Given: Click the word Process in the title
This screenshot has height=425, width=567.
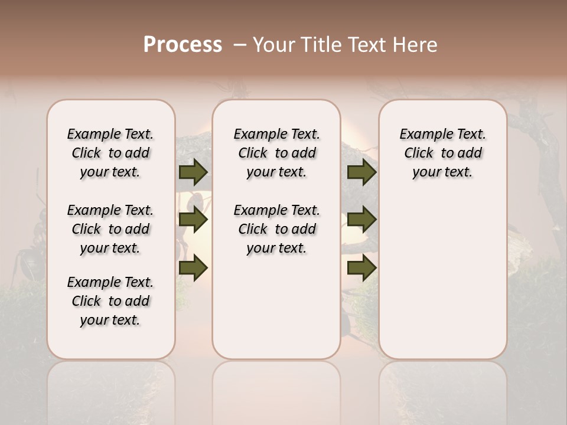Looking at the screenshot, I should pos(183,45).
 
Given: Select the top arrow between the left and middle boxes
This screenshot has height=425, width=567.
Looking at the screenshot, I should pos(193,172).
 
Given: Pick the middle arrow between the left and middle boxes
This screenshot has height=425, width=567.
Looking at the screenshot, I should pos(193,220).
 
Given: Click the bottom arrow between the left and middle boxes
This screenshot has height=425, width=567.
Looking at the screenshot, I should pos(193,267).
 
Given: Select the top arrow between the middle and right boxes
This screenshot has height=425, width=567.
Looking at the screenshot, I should pos(361,172).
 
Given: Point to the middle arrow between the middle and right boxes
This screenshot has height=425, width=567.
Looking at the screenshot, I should pos(361,220).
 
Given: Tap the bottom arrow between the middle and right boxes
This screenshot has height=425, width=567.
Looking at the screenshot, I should pos(361,267).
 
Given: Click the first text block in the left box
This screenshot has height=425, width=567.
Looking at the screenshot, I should pos(110,153).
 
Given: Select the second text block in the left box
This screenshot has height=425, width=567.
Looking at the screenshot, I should pos(110,229).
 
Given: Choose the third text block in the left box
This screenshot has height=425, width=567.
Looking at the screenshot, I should pos(110,301).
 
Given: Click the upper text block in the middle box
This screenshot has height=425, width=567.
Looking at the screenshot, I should pos(276,153).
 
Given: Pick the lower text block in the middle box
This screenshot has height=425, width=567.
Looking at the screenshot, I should pos(276,229).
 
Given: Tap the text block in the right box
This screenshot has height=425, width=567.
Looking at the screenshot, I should pos(442,153).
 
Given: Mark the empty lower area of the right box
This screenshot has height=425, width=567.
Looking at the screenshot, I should pos(442,277).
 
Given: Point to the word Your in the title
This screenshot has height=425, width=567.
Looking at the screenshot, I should pos(272,45).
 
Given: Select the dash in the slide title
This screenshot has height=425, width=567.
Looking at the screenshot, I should pos(239,45).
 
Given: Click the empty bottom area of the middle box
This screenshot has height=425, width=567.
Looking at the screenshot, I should pos(276,313).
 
